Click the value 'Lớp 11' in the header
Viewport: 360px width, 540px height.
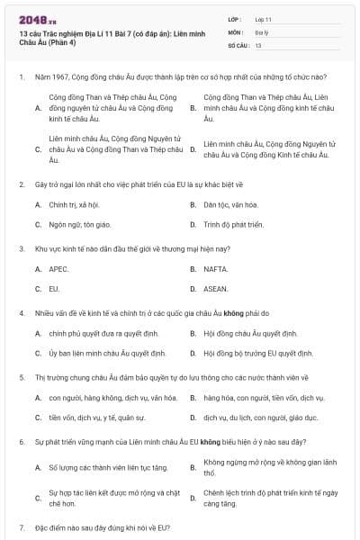(265, 18)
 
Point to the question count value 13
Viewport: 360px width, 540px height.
(258, 44)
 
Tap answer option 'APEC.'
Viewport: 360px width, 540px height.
(58, 268)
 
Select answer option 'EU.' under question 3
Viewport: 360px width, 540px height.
(54, 289)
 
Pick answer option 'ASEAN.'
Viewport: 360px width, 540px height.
(216, 289)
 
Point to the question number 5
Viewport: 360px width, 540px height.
(21, 376)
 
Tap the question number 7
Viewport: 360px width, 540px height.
(21, 526)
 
